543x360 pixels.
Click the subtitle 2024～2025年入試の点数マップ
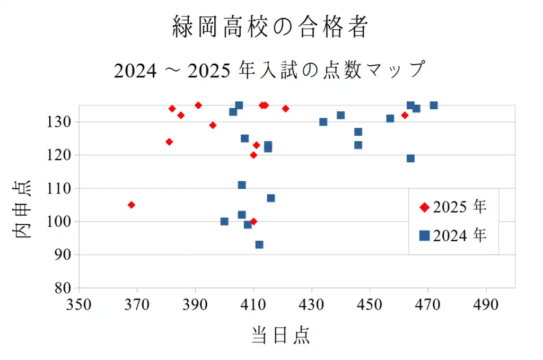(270, 70)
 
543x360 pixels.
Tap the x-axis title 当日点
(281, 335)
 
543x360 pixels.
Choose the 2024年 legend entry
(453, 235)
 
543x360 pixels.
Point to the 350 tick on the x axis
(79, 305)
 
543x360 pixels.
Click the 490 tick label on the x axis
(486, 305)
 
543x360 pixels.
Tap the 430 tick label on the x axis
(312, 305)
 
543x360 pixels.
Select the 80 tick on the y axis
(63, 288)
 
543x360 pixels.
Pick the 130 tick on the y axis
(59, 122)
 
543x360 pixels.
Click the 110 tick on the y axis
(59, 188)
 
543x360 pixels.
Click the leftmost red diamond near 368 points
(132, 205)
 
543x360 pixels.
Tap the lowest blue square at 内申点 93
(259, 244)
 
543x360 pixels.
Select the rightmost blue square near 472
(434, 105)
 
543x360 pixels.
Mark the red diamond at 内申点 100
(253, 221)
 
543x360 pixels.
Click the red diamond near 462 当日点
(405, 115)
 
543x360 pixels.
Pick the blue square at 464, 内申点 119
(410, 158)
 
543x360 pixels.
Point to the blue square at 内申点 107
(271, 198)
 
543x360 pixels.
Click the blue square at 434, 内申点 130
(323, 122)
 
